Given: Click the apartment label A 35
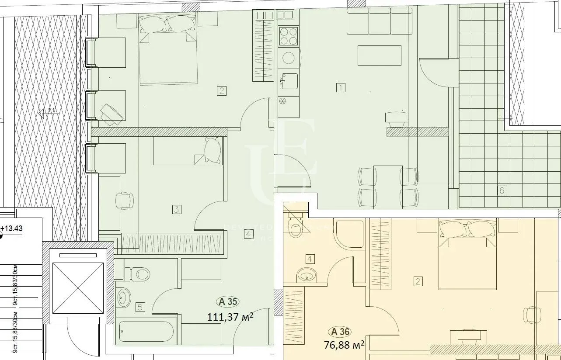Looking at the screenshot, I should (228, 301).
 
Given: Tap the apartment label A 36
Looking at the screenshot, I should (341, 332).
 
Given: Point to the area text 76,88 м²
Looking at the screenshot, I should (344, 345).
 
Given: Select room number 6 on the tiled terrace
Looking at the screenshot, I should (502, 190).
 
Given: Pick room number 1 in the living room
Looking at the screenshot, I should (341, 87).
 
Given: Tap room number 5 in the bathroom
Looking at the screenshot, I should (140, 307).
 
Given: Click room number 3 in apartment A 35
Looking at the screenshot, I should (176, 209).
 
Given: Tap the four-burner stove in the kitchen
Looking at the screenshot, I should (289, 36).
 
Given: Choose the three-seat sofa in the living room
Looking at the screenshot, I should (380, 22).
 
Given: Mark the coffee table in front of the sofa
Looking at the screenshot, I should (379, 55).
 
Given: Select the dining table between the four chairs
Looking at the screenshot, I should (388, 186).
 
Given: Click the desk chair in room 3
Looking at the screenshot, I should (125, 201).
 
